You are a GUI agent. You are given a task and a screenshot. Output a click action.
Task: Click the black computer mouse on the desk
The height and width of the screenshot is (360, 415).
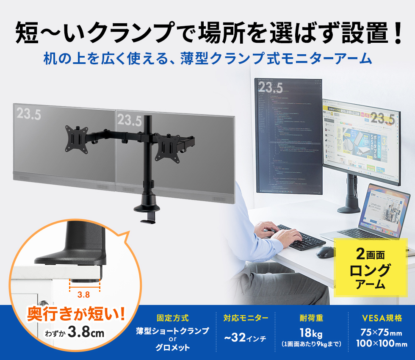[324, 252]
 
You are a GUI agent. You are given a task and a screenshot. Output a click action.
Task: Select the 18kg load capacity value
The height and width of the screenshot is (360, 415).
[311, 332]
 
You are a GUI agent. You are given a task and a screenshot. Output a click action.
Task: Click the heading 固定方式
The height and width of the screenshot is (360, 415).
[172, 318]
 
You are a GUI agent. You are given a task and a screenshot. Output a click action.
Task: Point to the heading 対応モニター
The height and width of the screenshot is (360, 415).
[246, 318]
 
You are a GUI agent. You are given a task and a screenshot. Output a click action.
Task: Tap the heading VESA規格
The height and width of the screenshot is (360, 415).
[382, 318]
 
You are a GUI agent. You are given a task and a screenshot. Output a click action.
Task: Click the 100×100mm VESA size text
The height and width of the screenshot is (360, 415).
[382, 343]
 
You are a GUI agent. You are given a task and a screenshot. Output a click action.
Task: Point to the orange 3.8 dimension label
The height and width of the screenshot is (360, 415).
[84, 294]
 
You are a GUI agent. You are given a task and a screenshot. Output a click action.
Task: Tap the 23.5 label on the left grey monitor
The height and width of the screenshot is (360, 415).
[29, 113]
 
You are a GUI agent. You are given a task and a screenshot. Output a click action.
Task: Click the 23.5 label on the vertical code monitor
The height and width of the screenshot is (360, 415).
[270, 88]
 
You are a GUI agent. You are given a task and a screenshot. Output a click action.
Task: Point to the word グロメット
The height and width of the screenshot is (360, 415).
[172, 348]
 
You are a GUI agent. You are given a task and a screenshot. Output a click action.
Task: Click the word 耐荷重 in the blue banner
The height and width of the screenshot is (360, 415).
[311, 318]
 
